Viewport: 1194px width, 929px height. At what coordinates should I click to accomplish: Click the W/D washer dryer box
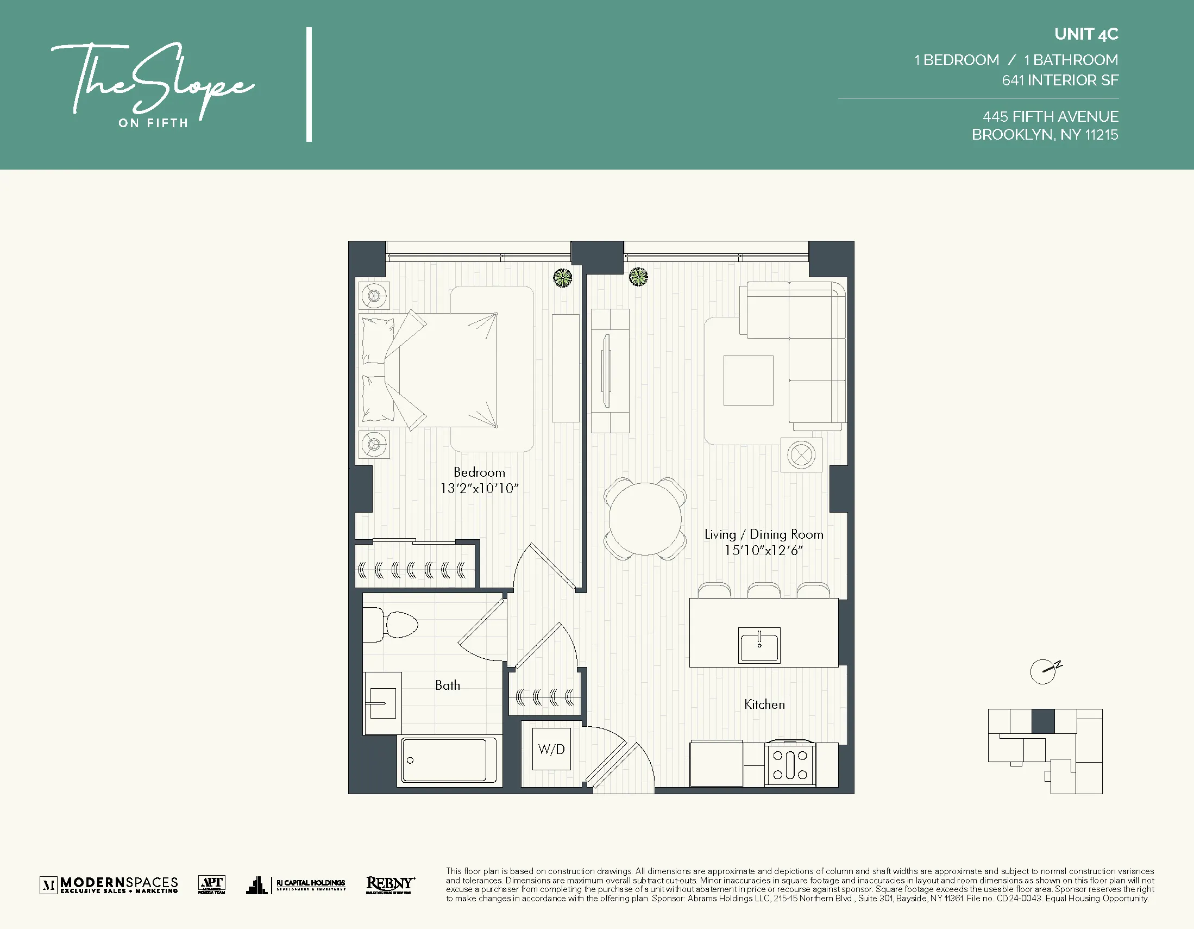coord(551,749)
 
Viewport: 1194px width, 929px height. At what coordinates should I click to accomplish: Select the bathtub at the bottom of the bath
coord(444,760)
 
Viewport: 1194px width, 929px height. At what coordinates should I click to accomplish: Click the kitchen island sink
coord(759,646)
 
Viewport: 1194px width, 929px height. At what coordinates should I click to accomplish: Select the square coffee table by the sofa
coord(748,381)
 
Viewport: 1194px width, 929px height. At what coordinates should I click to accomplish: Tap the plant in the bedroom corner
coord(563,278)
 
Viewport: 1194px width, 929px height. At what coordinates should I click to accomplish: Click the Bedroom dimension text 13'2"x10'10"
coord(480,489)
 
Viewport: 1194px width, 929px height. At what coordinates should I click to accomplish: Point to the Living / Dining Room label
coord(763,534)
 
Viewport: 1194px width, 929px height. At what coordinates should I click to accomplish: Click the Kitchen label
coord(764,704)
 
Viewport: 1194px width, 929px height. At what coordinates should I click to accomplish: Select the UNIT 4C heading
coord(1086,34)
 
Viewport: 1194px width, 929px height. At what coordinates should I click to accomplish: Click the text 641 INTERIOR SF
coord(1059,80)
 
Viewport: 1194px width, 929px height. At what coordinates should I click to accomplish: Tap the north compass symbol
coord(1044,671)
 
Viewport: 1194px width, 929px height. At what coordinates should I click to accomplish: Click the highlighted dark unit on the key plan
coord(1042,721)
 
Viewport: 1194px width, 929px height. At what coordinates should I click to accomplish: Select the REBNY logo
coord(390,884)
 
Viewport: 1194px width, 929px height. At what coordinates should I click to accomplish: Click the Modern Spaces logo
coord(109,884)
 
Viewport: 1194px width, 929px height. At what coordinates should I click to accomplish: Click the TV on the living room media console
coord(606,371)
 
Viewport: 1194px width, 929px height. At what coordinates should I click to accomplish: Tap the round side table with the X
coord(801,454)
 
